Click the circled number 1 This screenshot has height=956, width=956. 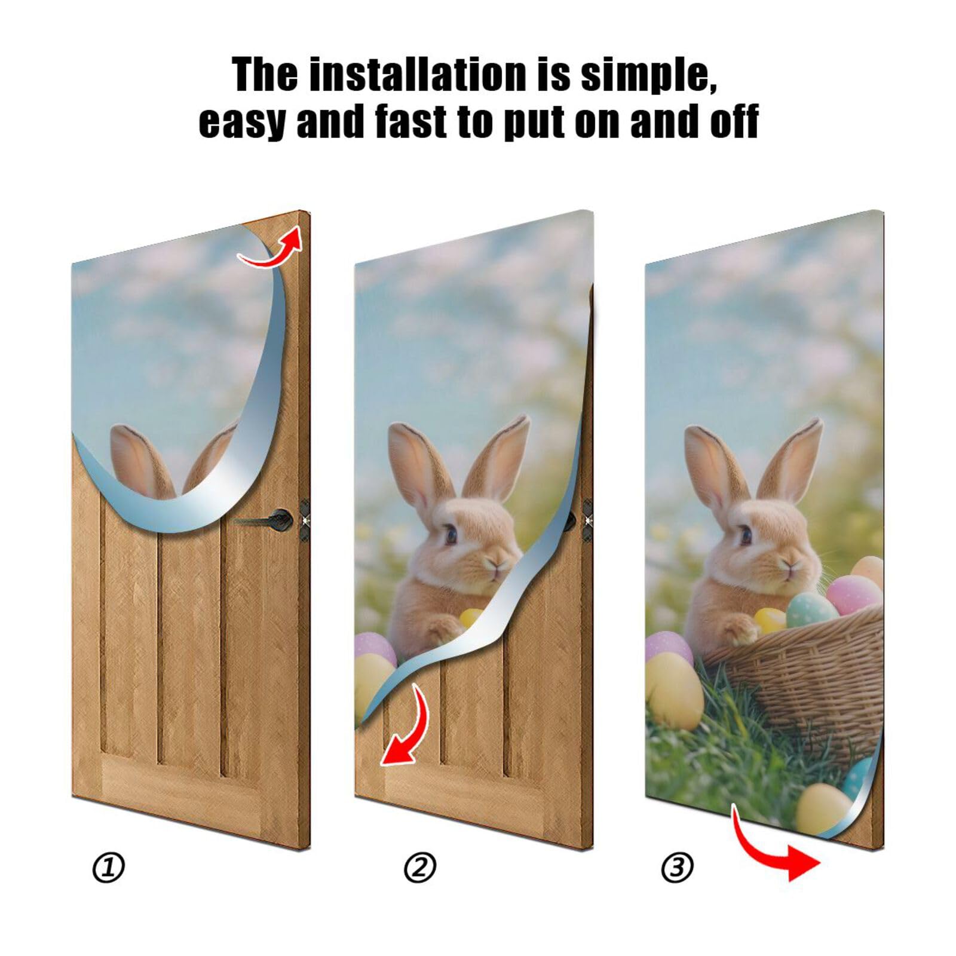[108, 868]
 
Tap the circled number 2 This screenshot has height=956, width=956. [420, 868]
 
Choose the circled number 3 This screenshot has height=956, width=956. [677, 867]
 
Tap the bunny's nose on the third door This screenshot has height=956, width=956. [790, 565]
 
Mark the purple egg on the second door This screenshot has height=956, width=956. [373, 648]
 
